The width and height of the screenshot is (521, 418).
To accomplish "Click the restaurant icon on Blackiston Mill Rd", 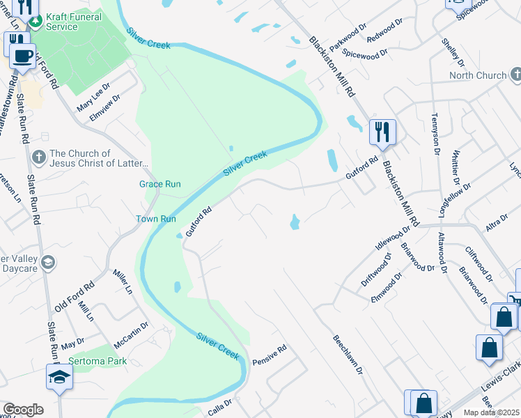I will [382, 131].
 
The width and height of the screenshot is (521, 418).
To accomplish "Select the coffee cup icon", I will [21, 55].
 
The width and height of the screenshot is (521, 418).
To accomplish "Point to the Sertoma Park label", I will [98, 362].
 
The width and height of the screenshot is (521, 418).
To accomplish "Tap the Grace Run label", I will [160, 184].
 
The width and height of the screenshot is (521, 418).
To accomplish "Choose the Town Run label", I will [155, 218].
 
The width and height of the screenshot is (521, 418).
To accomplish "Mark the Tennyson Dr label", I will [437, 134].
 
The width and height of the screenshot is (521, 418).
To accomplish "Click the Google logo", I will [23, 410].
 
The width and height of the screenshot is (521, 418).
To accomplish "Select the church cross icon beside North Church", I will [516, 74].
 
